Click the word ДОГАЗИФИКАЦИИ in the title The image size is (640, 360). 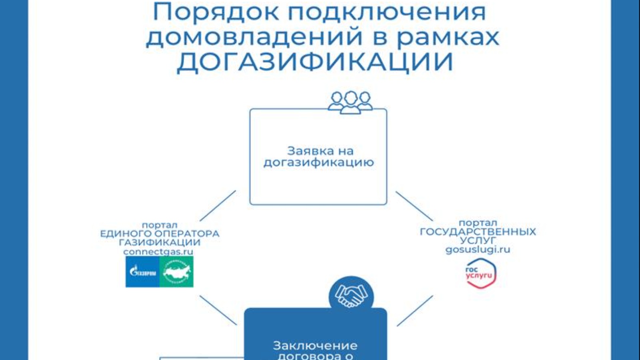[x=315, y=62]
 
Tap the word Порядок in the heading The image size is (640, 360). [x=216, y=12]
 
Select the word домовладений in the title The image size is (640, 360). [x=254, y=37]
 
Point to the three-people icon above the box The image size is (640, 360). [x=350, y=102]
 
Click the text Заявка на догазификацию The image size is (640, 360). [x=319, y=157]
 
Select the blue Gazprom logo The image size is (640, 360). [x=143, y=272]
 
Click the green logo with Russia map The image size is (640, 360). [x=176, y=272]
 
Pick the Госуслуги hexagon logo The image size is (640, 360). [x=481, y=274]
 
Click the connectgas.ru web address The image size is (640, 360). [x=158, y=252]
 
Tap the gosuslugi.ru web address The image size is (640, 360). [x=478, y=250]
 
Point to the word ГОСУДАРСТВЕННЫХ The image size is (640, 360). [x=478, y=232]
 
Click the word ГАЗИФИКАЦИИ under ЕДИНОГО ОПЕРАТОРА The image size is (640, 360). [x=160, y=242]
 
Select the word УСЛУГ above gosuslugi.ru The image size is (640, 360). [x=478, y=240]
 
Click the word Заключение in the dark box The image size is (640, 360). [x=315, y=345]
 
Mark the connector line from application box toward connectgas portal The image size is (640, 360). [x=218, y=206]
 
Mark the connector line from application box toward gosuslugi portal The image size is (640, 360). [x=414, y=206]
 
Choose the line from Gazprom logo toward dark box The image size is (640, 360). [x=218, y=310]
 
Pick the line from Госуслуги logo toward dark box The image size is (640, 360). [x=415, y=311]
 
